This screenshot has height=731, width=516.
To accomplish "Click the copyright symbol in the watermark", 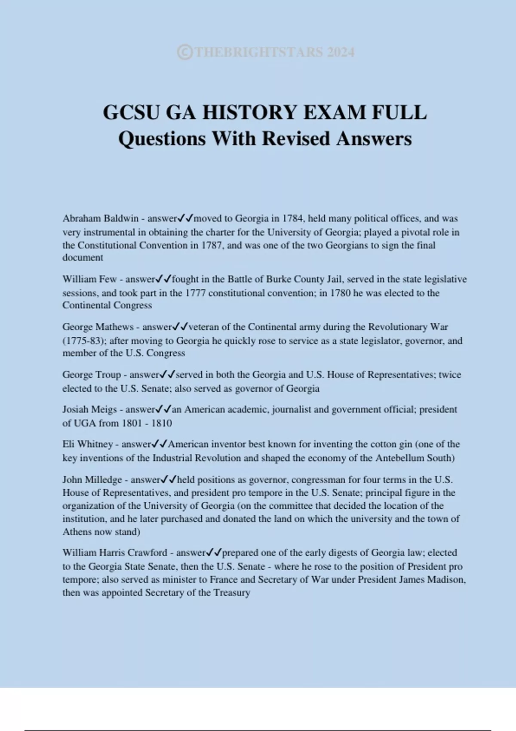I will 184,52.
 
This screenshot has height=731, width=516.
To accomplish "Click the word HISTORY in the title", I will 250,113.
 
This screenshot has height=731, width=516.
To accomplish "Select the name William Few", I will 89,279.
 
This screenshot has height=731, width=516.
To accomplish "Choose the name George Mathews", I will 98,327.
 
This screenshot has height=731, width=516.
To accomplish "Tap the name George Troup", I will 92,375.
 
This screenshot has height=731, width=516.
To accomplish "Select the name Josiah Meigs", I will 89,409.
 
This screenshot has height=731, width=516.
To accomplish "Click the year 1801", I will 132,423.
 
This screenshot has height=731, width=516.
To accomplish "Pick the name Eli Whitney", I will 87,444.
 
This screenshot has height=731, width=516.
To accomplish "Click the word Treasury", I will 232,593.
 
